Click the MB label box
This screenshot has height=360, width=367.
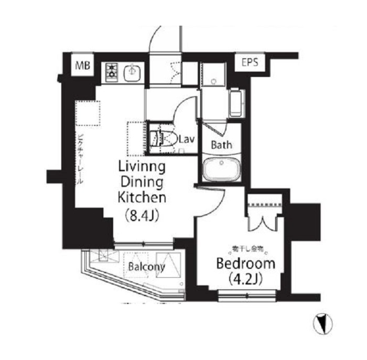click(82, 66)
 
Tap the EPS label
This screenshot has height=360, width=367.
click(250, 63)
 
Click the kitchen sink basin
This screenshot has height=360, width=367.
click(132, 73)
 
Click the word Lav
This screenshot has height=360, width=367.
click(187, 139)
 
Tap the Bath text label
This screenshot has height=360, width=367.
click(222, 144)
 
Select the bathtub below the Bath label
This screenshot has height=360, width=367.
click(220, 169)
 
